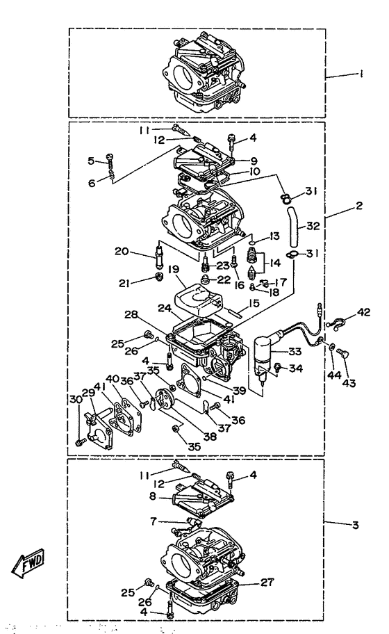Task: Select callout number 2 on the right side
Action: [x=359, y=206]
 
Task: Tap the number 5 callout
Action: [x=92, y=161]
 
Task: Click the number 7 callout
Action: [x=153, y=520]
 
